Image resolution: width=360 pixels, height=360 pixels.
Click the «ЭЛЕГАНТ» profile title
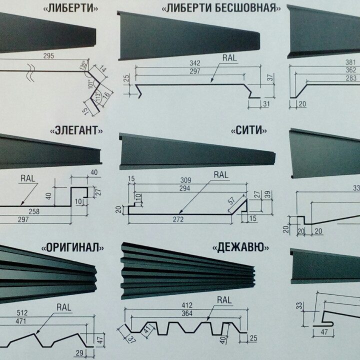77,131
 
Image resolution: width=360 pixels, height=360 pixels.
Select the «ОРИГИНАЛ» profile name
74,247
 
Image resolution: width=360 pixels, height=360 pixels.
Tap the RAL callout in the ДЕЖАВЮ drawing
224,300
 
